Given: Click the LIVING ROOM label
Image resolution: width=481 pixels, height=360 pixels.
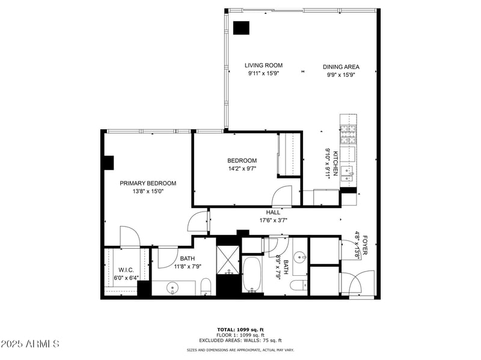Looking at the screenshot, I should click(263, 66).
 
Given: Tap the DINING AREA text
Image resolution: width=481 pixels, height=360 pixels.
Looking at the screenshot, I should click(340, 67).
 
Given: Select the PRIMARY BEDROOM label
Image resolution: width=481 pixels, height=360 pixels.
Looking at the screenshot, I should click(148, 183).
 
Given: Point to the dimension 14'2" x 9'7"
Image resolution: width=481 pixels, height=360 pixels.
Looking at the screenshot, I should click(242, 168).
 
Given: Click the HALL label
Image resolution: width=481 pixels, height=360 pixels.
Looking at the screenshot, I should click(273, 212).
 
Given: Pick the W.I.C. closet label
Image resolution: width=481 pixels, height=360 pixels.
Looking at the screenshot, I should click(126, 270).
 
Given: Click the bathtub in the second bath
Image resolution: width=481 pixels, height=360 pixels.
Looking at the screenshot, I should click(251, 275).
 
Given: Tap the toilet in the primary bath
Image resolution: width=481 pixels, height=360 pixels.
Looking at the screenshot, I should click(204, 286).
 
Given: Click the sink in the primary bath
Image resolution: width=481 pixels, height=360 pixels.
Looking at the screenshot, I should click(173, 288).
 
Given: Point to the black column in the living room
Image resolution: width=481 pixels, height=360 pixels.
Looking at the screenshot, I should click(241, 28).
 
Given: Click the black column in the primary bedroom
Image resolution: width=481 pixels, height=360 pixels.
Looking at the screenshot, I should click(108, 163).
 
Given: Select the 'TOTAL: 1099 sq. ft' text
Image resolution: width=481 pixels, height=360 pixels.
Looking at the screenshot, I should click(240, 329).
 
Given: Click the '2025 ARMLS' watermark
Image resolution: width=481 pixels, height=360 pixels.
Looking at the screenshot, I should click(30, 344).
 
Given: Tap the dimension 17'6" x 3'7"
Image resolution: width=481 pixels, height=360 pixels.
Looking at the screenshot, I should click(273, 220).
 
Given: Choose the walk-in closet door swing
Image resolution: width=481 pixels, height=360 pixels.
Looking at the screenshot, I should click(130, 237).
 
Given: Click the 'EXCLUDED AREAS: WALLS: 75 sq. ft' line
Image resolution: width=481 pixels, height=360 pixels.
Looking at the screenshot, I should click(240, 341).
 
